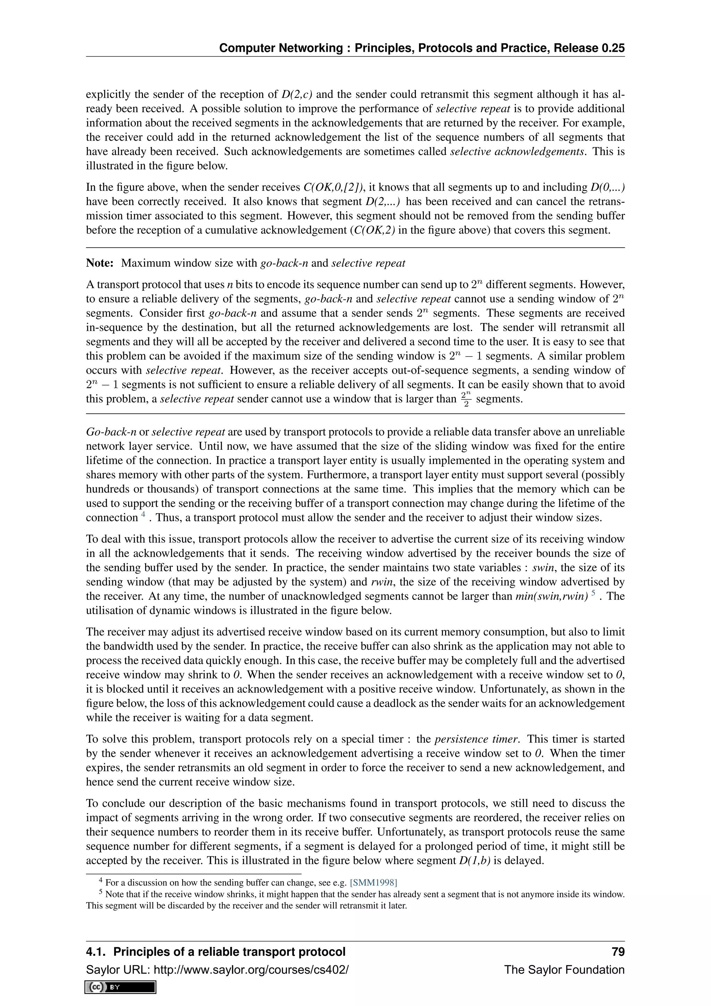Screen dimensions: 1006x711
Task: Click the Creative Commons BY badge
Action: (121, 987)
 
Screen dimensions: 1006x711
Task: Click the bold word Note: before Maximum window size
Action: (100, 263)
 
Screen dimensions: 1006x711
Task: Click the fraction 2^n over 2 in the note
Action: (467, 399)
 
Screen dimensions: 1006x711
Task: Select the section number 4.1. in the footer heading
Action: (96, 952)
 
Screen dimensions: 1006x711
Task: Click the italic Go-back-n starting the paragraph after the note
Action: (111, 432)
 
